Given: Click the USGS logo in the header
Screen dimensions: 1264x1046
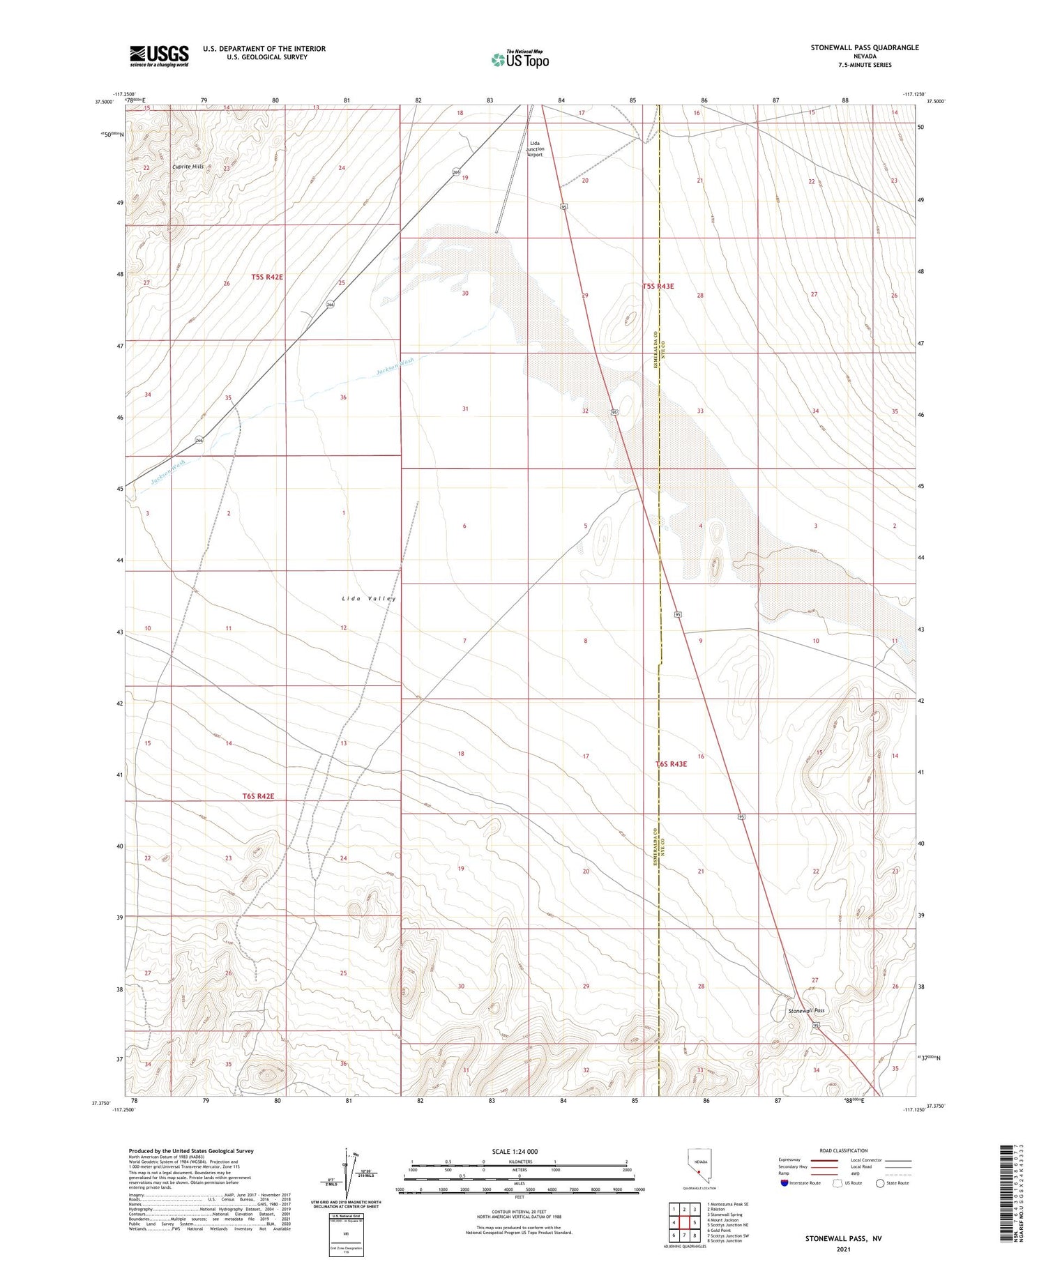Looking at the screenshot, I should point(159,56).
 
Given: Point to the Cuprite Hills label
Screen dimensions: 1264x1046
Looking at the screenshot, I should point(188,167).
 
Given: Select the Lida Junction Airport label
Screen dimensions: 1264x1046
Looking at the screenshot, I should point(535,149).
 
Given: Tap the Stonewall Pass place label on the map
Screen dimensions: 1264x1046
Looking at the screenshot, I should point(806,1010).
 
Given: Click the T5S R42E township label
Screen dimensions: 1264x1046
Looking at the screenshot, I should point(267,277).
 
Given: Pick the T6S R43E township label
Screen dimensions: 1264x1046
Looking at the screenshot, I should point(671,764).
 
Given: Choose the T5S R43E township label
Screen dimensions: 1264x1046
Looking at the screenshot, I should point(658,287).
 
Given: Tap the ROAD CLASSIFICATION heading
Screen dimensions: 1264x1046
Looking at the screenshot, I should point(844,1150).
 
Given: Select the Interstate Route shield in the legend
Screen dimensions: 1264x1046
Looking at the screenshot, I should point(784,1183).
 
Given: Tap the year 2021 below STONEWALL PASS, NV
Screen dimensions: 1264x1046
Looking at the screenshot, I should point(843,1249).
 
